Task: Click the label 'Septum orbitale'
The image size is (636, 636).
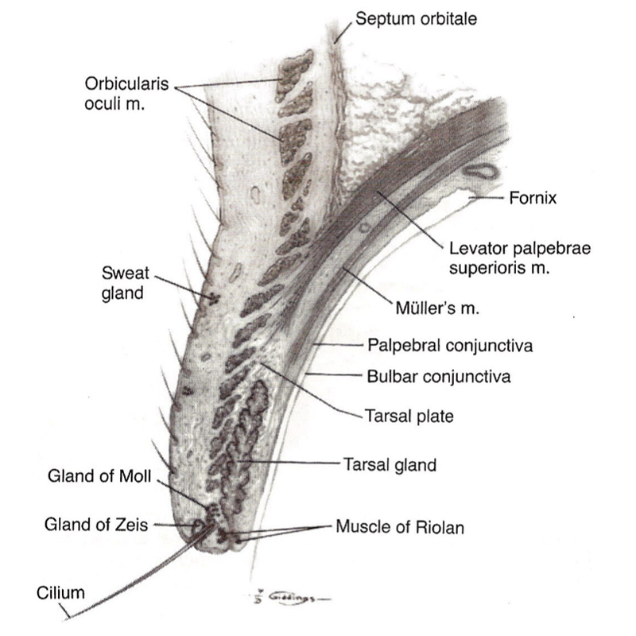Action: pyautogui.click(x=416, y=19)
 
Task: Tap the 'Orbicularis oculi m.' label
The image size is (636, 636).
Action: pyautogui.click(x=126, y=94)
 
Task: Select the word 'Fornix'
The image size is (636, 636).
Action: pyautogui.click(x=533, y=198)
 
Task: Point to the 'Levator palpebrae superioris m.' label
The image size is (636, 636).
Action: pyautogui.click(x=520, y=258)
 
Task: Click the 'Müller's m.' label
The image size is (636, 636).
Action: pyautogui.click(x=436, y=308)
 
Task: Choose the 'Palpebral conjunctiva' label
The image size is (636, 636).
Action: pyautogui.click(x=450, y=346)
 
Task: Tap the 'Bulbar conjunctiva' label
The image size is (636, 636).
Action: pyautogui.click(x=439, y=376)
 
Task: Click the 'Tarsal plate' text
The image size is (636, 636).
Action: pyautogui.click(x=409, y=416)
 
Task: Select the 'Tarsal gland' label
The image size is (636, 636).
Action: pyautogui.click(x=390, y=464)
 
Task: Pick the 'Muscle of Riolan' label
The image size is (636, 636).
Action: pyautogui.click(x=400, y=527)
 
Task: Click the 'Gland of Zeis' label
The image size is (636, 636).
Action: pyautogui.click(x=96, y=525)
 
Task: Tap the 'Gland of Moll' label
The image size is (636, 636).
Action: pyautogui.click(x=99, y=475)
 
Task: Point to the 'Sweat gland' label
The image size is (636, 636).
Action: pyautogui.click(x=125, y=283)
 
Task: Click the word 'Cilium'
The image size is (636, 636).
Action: pyautogui.click(x=60, y=593)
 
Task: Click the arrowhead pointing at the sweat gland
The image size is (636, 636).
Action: pyautogui.click(x=212, y=300)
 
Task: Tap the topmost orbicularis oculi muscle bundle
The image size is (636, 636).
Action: pyautogui.click(x=294, y=75)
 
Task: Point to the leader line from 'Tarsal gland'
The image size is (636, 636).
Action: pyautogui.click(x=288, y=462)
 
